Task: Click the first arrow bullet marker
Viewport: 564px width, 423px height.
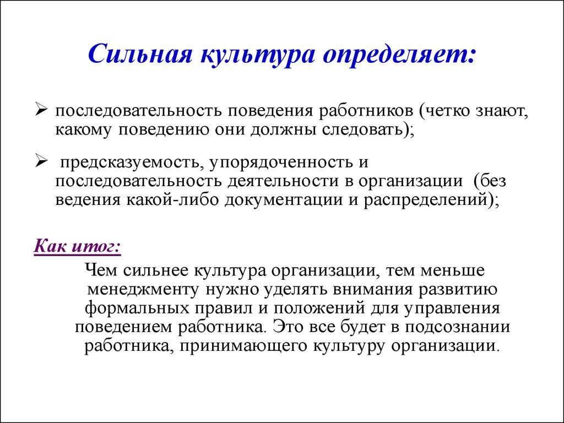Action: tap(42, 110)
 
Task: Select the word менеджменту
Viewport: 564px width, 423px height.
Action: tap(143, 289)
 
